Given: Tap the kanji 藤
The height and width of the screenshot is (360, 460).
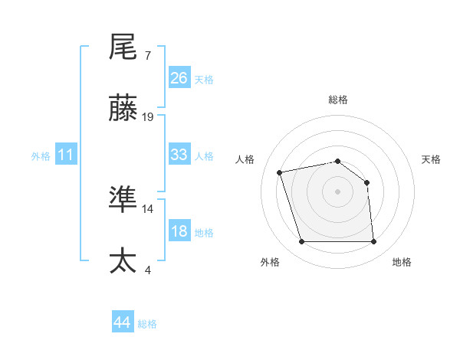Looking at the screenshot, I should [x=123, y=109].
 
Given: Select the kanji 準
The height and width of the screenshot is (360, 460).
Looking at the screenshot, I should [x=123, y=200].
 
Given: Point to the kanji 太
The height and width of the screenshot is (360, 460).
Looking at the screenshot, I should [x=123, y=260].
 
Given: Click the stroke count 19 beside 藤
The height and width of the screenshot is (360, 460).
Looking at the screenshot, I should [x=148, y=116].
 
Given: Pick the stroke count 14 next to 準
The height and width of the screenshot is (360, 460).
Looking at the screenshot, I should [x=148, y=208].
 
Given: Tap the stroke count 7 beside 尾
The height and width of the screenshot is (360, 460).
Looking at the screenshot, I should [x=147, y=55].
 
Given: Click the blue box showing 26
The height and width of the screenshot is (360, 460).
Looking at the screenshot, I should [x=179, y=78].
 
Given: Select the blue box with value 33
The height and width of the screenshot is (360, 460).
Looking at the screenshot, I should [x=179, y=155].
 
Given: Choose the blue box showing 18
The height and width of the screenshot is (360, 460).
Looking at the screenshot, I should [x=179, y=231].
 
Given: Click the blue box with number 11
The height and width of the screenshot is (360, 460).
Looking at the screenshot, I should [x=67, y=155].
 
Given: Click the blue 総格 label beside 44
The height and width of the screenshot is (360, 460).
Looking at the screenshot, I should [x=147, y=324].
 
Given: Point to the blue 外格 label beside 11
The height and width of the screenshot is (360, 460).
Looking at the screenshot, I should [x=41, y=156].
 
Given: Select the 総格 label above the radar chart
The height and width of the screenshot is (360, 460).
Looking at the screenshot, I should [x=338, y=100].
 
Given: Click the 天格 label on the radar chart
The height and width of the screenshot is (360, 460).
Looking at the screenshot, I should [x=432, y=159].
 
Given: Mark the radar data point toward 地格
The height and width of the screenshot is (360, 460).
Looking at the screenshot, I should [x=373, y=242].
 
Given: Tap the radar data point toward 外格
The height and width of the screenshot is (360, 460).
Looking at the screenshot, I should [x=301, y=242].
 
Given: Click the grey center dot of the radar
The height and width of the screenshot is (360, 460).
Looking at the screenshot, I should [x=338, y=191].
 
